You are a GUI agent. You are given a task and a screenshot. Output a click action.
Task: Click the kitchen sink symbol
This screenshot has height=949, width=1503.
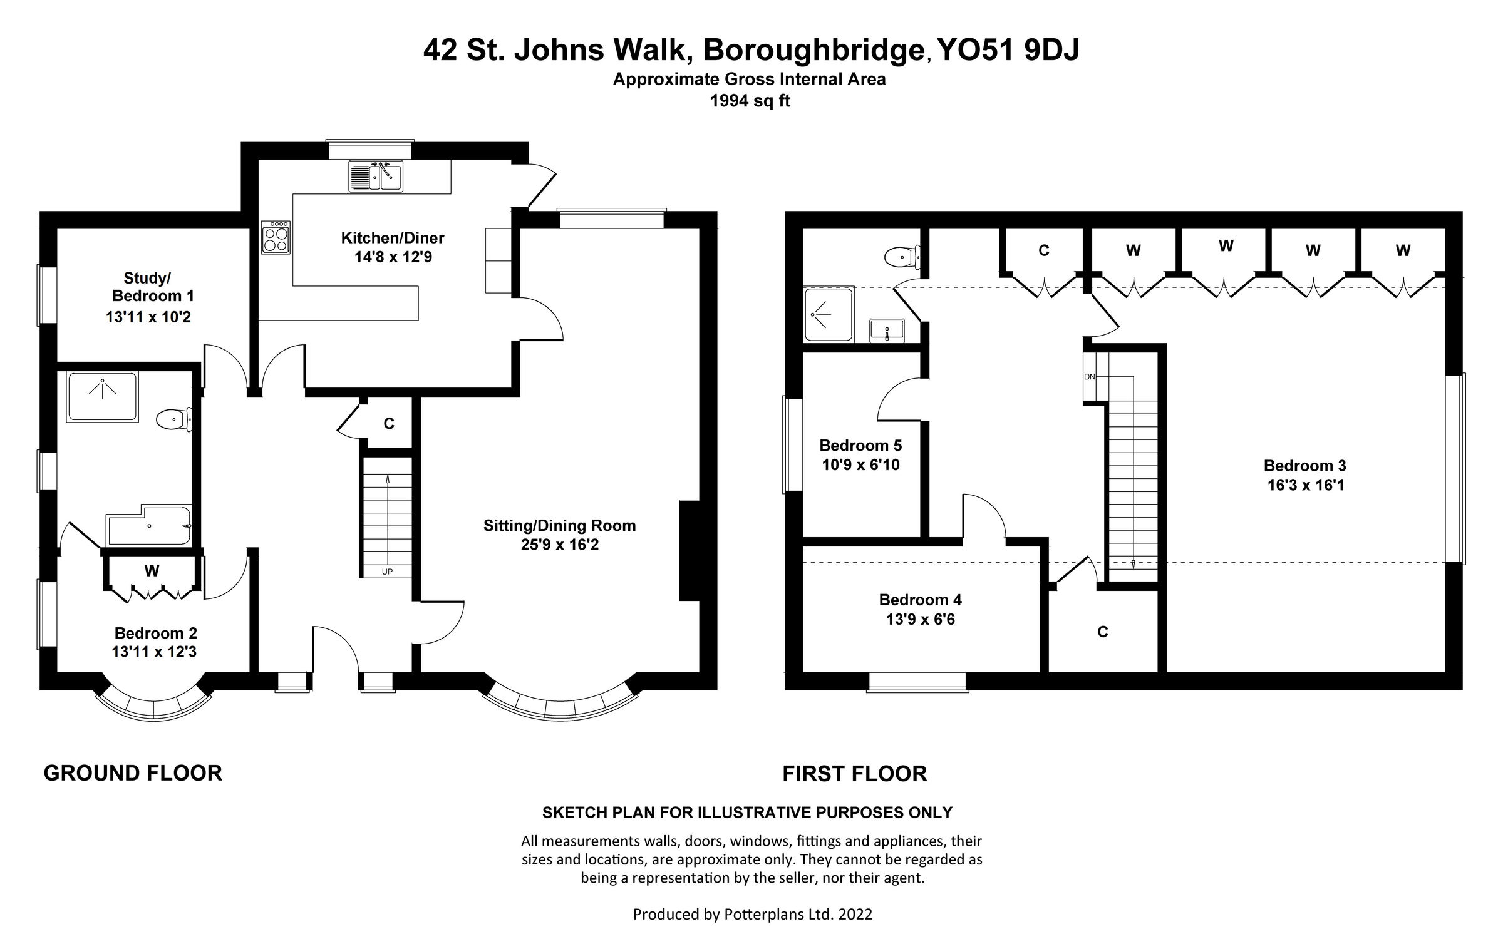376,176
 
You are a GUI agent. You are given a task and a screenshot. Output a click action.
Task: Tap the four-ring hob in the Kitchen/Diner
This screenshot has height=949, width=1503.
276,237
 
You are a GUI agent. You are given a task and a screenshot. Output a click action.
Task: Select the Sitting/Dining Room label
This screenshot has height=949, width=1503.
559,525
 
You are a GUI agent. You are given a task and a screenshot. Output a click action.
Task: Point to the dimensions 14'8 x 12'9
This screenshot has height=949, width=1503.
393,257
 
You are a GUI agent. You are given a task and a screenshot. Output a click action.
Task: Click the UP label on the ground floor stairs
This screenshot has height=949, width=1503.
387,572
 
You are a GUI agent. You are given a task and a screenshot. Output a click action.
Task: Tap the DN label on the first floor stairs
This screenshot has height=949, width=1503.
1090,377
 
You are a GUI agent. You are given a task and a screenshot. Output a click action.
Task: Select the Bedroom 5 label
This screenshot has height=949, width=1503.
860,445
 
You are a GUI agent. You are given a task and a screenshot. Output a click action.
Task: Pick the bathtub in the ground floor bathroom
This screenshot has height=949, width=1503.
149,526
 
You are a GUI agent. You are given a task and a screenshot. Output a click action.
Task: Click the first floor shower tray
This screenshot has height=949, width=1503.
828,314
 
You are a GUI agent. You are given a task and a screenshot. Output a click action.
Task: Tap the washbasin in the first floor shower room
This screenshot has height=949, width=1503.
887,330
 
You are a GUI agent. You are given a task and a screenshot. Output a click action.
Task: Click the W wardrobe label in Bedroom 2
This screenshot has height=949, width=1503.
152,571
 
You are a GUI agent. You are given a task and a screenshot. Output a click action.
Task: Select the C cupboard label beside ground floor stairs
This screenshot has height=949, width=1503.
389,424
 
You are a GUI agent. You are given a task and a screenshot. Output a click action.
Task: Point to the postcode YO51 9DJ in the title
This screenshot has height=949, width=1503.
1009,50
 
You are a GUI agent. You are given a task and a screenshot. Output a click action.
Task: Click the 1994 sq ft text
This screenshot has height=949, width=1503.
750,101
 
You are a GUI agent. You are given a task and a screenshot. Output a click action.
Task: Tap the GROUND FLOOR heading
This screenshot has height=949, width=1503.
133,773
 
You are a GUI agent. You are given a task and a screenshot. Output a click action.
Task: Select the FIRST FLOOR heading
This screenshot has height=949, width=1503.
854,774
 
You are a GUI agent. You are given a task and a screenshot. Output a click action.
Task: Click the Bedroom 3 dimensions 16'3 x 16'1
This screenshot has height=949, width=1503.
1306,485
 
